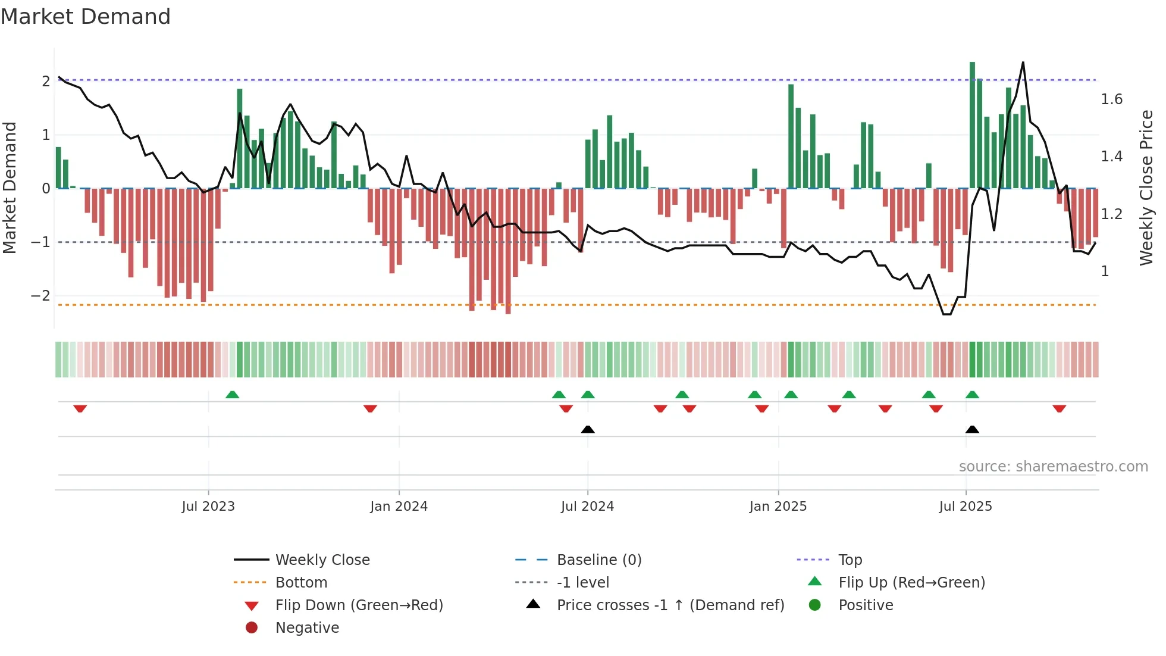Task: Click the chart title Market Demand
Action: pos(86,16)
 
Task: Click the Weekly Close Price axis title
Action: pos(1146,188)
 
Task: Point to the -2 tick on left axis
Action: pos(40,295)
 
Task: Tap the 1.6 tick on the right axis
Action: pos(1111,99)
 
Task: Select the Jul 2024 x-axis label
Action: pos(587,506)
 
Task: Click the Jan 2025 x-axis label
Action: pos(778,506)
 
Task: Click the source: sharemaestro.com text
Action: pos(1053,466)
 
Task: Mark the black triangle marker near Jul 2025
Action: pos(972,429)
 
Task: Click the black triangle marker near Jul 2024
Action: pos(588,429)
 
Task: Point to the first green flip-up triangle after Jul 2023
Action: pos(233,395)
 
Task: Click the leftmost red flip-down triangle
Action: pos(80,408)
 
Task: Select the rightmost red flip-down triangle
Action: pos(1059,408)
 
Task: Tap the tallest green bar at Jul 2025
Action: pos(972,125)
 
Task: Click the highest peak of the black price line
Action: pos(1023,63)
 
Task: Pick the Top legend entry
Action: pos(850,560)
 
